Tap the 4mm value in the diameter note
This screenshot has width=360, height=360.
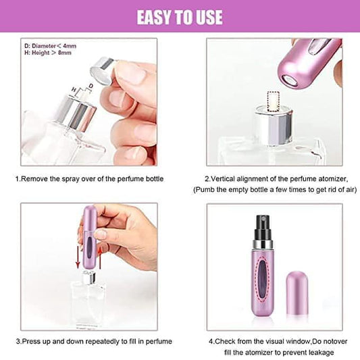70,46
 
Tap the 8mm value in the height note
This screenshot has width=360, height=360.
65,53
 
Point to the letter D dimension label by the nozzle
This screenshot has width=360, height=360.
91,86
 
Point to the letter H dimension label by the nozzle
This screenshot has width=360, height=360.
74,90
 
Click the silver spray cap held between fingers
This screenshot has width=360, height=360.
102,70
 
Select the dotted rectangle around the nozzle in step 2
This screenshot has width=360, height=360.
274,101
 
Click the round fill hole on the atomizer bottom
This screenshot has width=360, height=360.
290,80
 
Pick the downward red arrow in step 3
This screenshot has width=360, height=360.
78,257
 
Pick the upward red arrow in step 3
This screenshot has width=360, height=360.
100,257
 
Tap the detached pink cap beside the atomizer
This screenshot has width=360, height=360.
297,294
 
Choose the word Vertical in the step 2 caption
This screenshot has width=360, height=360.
222,179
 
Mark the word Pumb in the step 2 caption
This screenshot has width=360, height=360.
204,190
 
